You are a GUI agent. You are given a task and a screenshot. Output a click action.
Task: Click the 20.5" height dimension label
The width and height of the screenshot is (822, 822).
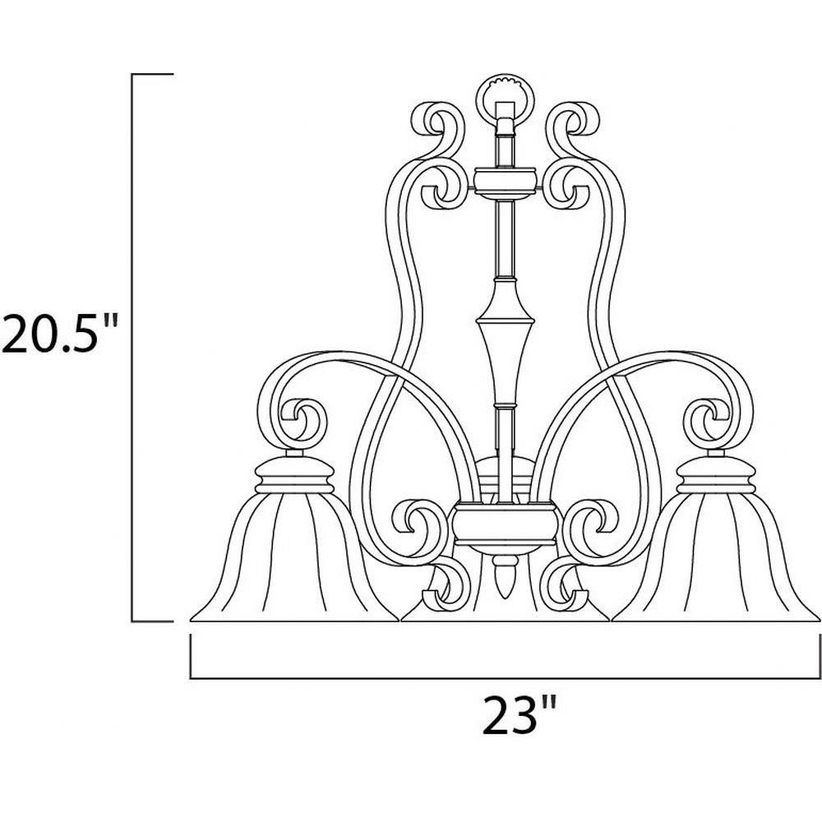[x=58, y=333]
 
